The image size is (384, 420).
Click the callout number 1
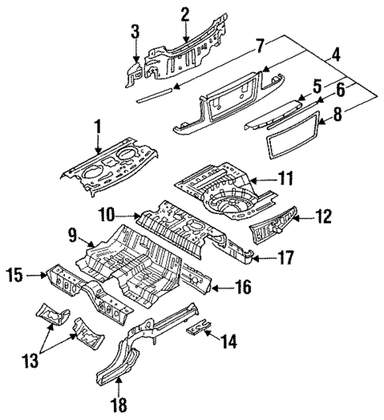[x=98, y=127]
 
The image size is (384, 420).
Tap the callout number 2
[x=184, y=13]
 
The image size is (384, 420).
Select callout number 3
[x=135, y=32]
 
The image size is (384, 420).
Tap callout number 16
[x=244, y=287]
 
